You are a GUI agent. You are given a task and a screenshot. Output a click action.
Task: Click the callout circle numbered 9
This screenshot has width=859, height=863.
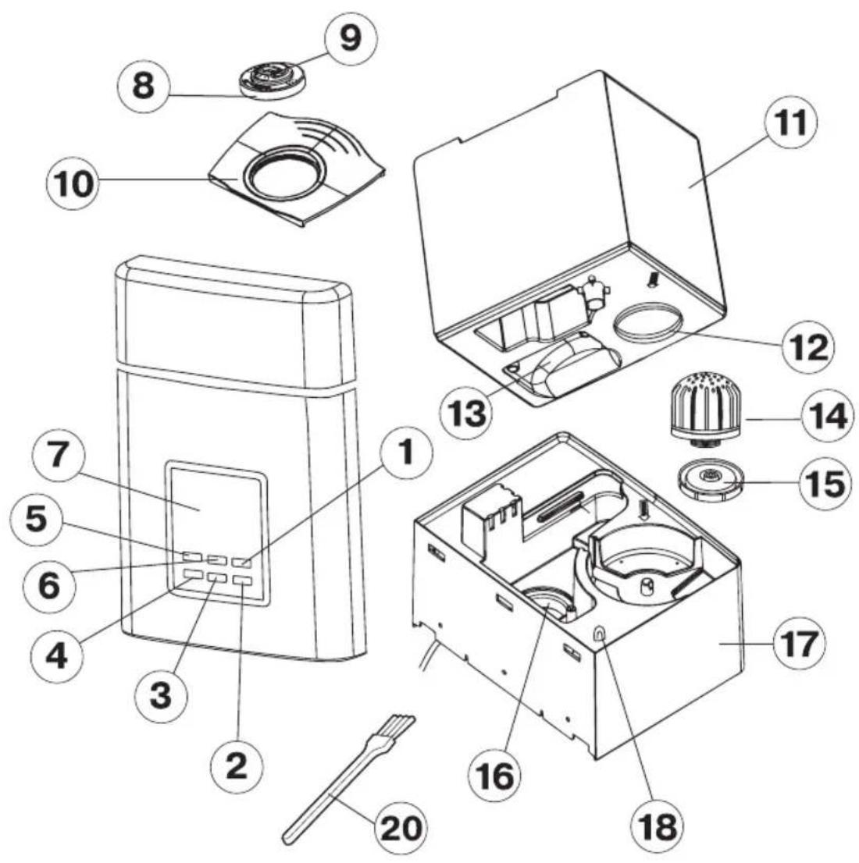point(351,38)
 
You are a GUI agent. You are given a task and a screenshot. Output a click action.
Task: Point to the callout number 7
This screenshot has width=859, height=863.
point(58,456)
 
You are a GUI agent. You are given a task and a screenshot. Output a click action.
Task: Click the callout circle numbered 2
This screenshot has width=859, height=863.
point(237,765)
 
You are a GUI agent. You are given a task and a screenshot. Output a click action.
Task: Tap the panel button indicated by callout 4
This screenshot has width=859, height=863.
point(194,574)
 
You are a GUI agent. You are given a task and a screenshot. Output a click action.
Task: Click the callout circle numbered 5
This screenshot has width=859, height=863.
point(36,519)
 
